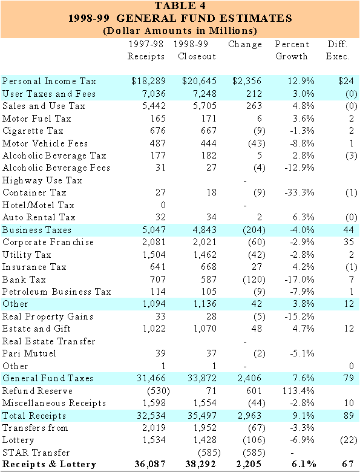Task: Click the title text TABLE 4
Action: pos(180,7)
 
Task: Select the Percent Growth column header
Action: pos(292,50)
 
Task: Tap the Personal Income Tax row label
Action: pos(41,81)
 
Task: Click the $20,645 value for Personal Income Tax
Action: pos(200,81)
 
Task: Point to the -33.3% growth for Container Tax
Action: pos(294,192)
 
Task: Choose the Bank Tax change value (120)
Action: pos(250,280)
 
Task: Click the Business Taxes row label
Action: pos(37,230)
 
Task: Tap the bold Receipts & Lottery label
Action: pos(48,465)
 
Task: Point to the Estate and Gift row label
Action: pos(37,329)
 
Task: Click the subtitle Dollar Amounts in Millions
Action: pos(180,30)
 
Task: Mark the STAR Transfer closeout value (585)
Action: pos(205,453)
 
